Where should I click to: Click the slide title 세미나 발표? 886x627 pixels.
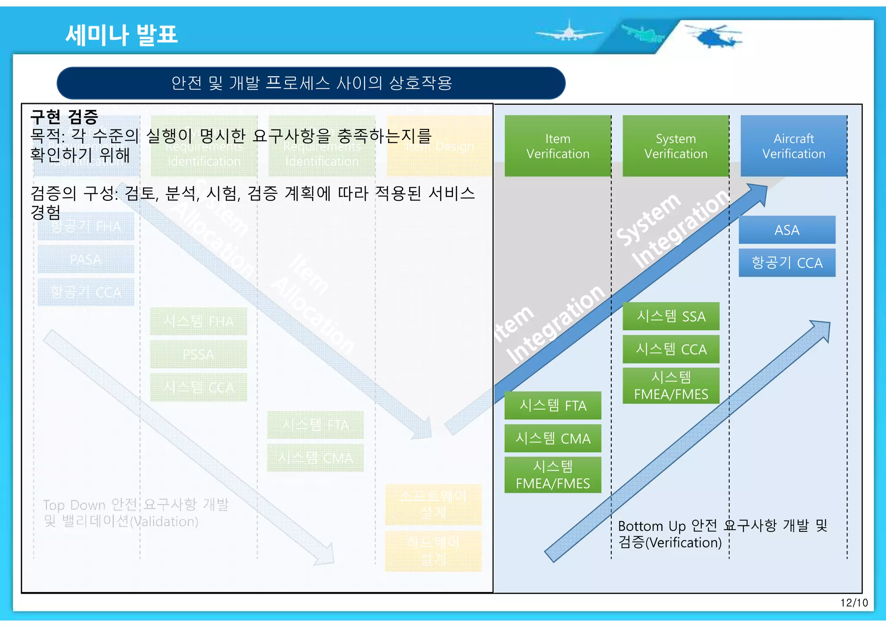point(122,35)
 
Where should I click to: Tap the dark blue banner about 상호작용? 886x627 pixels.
point(311,83)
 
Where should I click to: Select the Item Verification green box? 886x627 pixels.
point(558,146)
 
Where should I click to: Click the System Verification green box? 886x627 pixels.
point(676,146)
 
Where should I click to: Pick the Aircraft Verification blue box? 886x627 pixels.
point(793,146)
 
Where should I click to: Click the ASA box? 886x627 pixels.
point(786,230)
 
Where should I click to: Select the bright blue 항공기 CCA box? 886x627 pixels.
point(786,263)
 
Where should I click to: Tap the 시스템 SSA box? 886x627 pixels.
point(671,316)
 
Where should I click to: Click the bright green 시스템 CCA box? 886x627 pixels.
point(671,349)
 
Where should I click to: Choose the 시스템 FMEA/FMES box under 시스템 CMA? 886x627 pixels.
point(552,475)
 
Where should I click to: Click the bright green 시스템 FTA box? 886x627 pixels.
point(552,405)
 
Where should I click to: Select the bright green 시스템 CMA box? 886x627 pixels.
point(552,438)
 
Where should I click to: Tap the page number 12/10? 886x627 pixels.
point(854,603)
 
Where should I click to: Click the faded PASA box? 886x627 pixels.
point(86,260)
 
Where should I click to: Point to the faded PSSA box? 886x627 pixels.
point(198,354)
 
